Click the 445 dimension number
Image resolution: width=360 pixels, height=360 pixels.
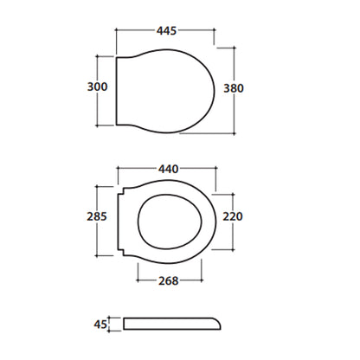pos(166,30)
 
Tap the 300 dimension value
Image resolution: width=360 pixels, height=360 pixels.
pos(97,87)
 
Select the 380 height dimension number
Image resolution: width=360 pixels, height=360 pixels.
pos(234,88)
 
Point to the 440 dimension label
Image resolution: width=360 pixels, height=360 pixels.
pos(168,169)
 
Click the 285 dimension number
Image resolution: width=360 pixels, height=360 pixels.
pos(97,216)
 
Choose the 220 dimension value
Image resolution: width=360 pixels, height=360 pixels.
pos(233,216)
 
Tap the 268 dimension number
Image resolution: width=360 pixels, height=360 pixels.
pos(169,280)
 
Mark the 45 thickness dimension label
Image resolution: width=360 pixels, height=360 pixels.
pos(100,325)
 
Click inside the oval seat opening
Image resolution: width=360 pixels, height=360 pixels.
pos(170,222)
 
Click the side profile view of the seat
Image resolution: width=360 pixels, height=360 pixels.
pos(172,324)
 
